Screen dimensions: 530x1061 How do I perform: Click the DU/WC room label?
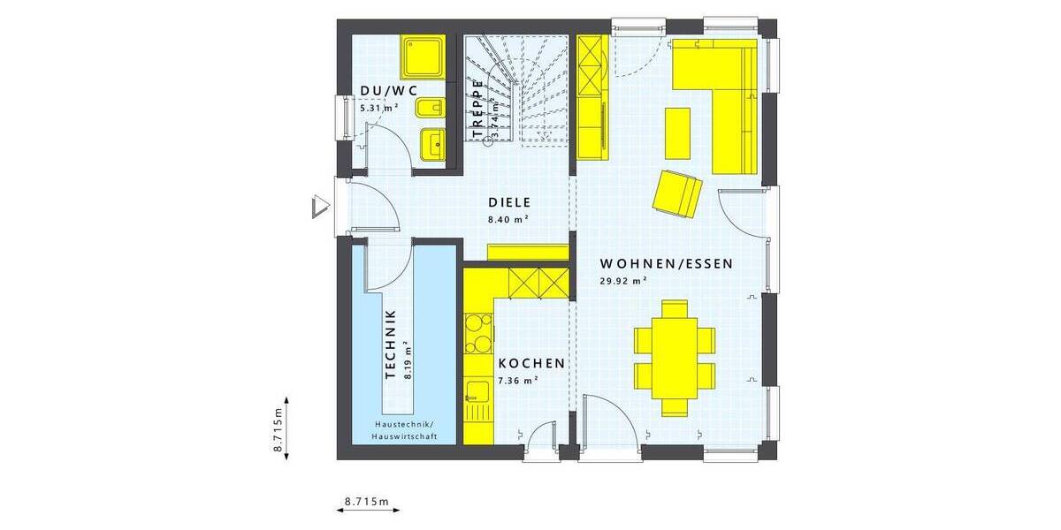[x=388, y=91]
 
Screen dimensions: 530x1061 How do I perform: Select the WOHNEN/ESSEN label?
[x=667, y=263]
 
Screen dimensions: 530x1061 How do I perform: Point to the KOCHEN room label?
[x=530, y=364]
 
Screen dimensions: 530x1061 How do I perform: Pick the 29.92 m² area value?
[x=623, y=282]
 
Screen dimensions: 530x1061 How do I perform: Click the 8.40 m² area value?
[x=508, y=218]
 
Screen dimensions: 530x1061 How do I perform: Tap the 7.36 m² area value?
[x=519, y=381]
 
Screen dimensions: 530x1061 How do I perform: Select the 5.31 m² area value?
[x=378, y=108]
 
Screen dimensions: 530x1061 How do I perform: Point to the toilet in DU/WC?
[x=430, y=109]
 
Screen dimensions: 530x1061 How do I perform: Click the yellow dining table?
[x=674, y=356]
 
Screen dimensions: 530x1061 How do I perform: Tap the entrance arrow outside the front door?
[x=319, y=207]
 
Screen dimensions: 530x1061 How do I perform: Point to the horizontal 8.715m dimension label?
[x=367, y=501]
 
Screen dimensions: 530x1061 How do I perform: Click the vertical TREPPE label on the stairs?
[x=477, y=109]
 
